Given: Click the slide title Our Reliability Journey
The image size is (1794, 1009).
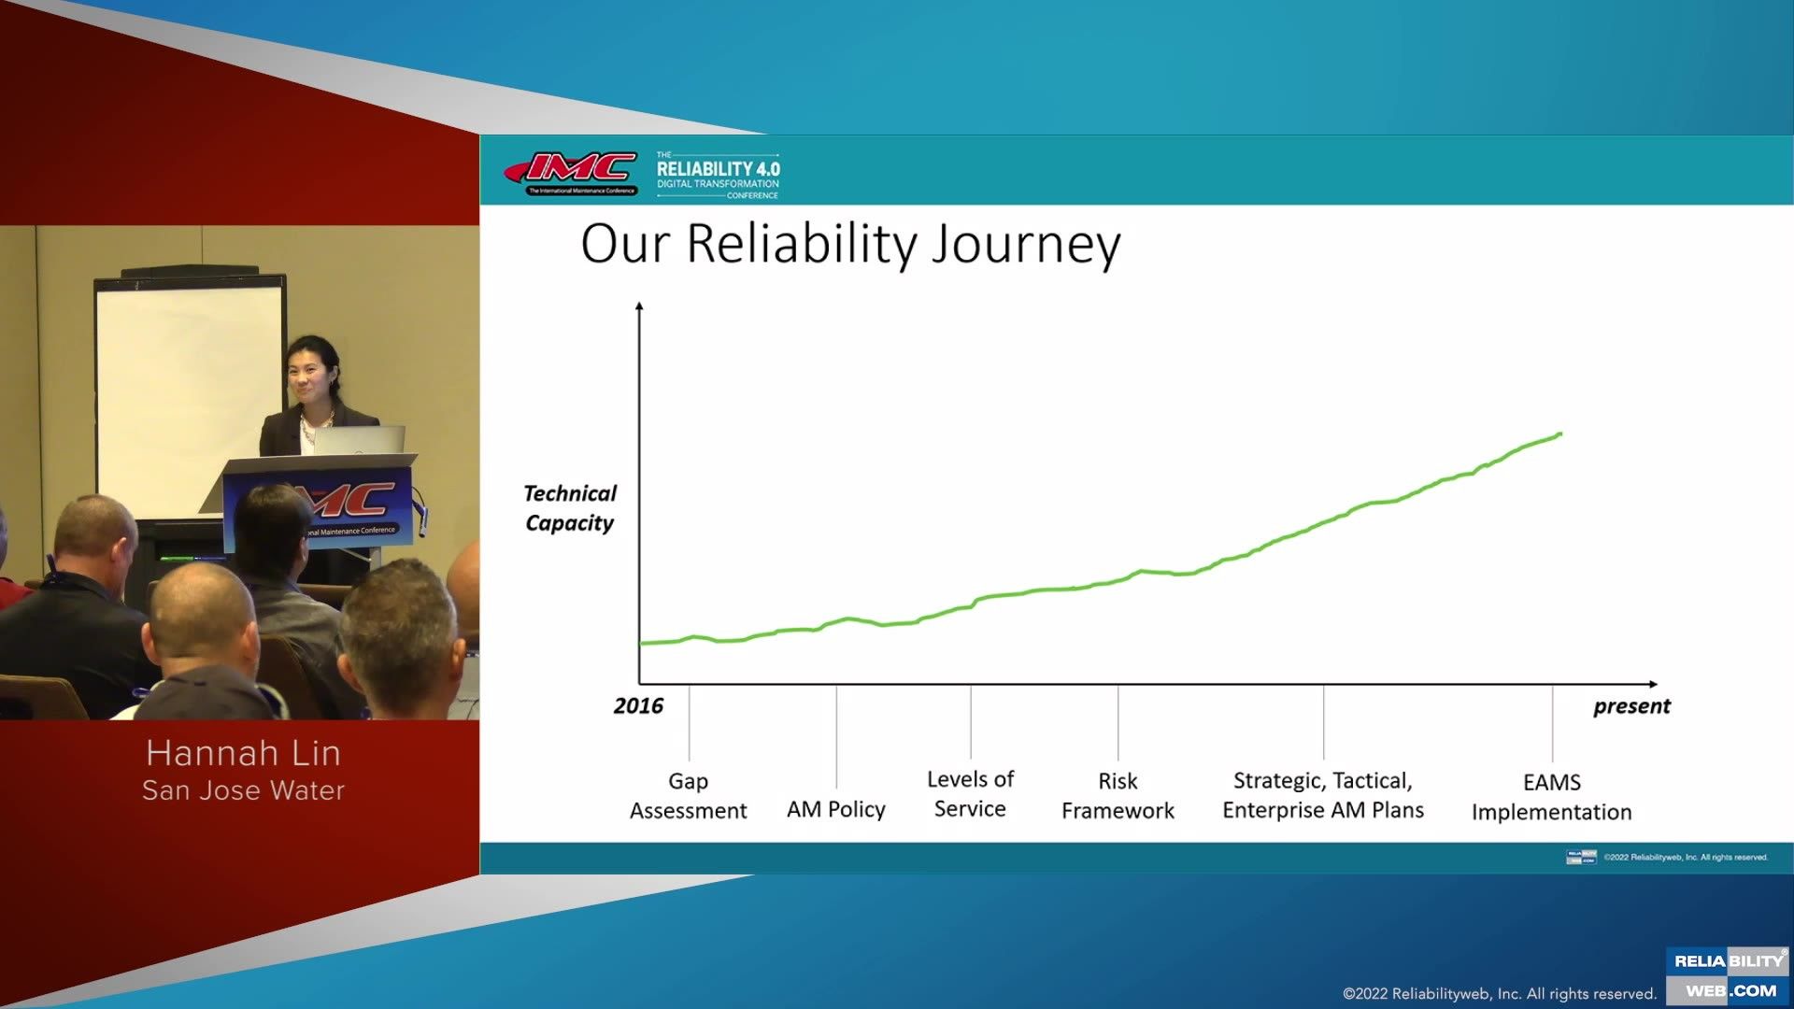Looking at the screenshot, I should pyautogui.click(x=850, y=244).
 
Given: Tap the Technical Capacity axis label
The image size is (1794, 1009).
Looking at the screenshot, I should pyautogui.click(x=570, y=508).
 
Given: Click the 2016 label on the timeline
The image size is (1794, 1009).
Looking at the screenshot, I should pyautogui.click(x=638, y=706).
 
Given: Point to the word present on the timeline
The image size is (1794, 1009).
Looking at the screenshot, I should pyautogui.click(x=1631, y=706).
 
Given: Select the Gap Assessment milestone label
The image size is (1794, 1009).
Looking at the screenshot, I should pyautogui.click(x=689, y=795).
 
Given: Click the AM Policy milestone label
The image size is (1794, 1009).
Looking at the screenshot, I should pyautogui.click(x=835, y=809).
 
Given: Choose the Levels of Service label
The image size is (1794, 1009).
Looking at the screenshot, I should pyautogui.click(x=970, y=793).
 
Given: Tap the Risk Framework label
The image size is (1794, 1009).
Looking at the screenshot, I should pyautogui.click(x=1118, y=795).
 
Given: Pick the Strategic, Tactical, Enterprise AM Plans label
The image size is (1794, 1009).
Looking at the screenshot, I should pyautogui.click(x=1323, y=795).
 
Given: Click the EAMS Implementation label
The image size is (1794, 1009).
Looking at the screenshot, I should pyautogui.click(x=1551, y=797).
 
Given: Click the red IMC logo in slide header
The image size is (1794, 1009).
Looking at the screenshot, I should pyautogui.click(x=572, y=172).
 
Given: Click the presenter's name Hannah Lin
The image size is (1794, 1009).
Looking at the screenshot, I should pyautogui.click(x=243, y=753).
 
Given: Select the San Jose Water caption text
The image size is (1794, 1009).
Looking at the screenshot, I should pyautogui.click(x=243, y=790).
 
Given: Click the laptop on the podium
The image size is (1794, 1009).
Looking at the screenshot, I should pyautogui.click(x=360, y=440).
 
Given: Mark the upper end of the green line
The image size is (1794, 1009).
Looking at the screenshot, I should pyautogui.click(x=1559, y=434).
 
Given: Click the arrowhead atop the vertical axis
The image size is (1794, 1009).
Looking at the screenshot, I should pyautogui.click(x=639, y=306).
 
